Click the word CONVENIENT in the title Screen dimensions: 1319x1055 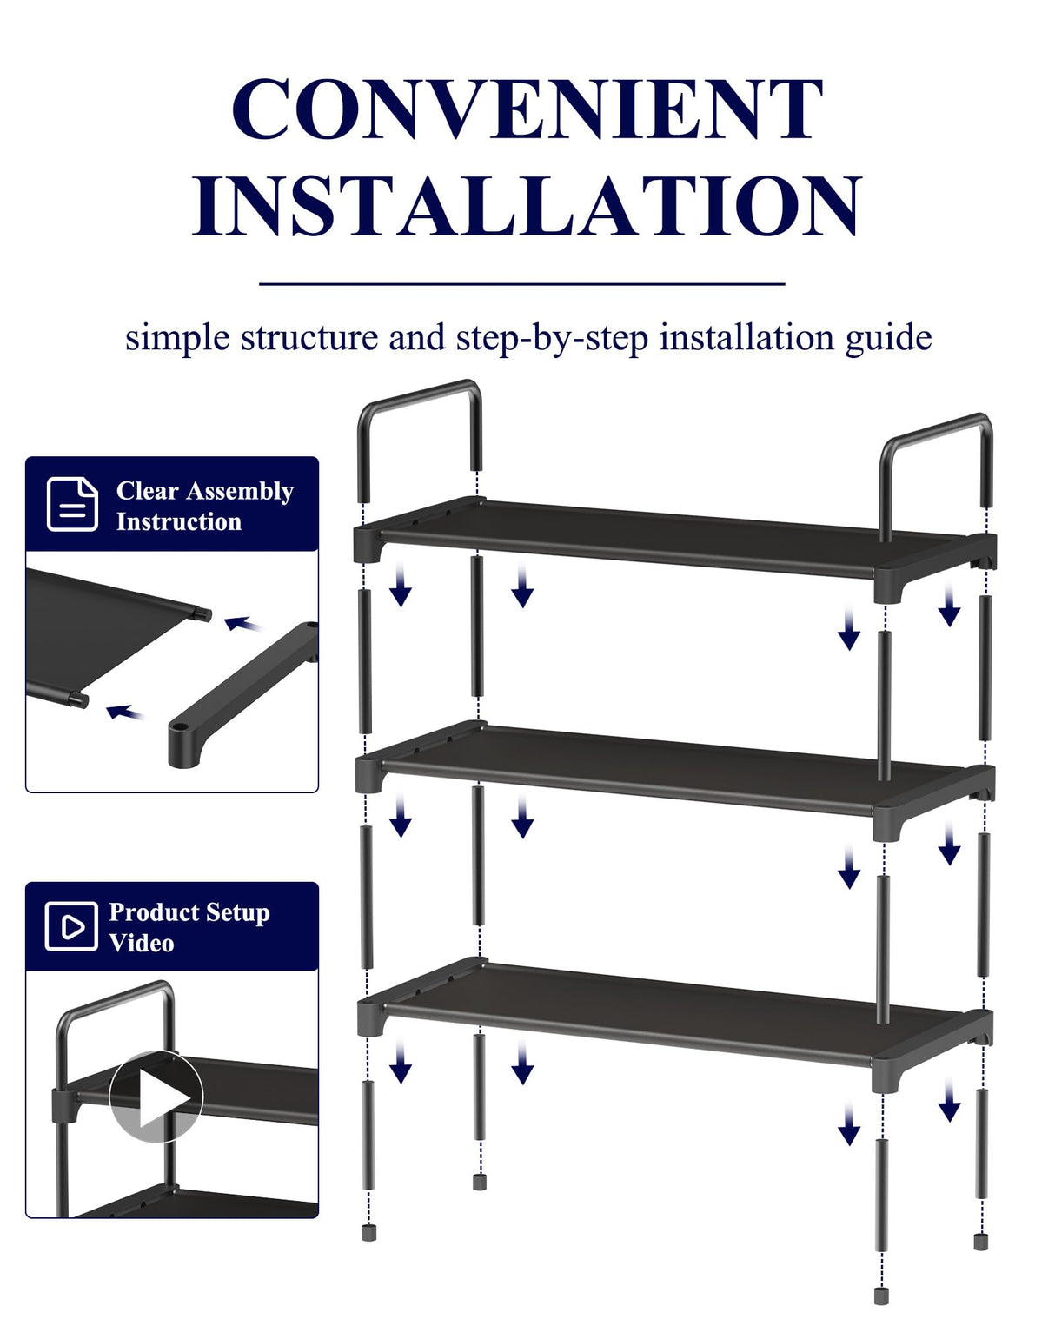[527, 109]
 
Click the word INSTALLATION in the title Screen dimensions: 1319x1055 [527, 205]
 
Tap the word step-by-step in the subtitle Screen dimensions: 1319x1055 [552, 337]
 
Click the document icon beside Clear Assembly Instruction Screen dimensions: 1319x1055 [72, 504]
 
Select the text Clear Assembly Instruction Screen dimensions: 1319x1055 [204, 506]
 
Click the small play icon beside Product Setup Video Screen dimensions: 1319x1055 [71, 926]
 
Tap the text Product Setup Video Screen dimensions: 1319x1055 [189, 927]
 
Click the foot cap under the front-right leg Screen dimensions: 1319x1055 [881, 1296]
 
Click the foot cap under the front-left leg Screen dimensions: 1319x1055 [368, 1232]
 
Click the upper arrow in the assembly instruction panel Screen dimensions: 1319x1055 [242, 623]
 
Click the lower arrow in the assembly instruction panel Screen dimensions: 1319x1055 [125, 713]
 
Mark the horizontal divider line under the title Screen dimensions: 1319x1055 [521, 283]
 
